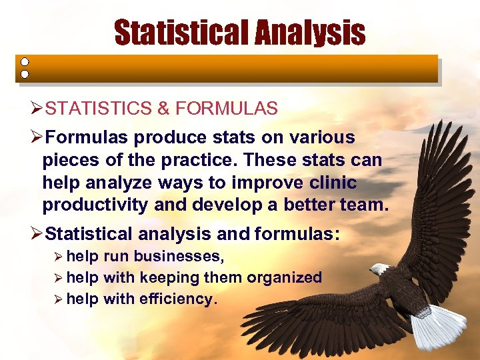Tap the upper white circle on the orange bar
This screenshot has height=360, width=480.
pyautogui.click(x=25, y=61)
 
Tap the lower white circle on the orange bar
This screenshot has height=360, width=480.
pyautogui.click(x=25, y=74)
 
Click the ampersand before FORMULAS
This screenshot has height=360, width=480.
pyautogui.click(x=165, y=109)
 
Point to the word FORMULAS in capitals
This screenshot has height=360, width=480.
pyautogui.click(x=226, y=109)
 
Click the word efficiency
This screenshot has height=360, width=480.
pyautogui.click(x=177, y=299)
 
